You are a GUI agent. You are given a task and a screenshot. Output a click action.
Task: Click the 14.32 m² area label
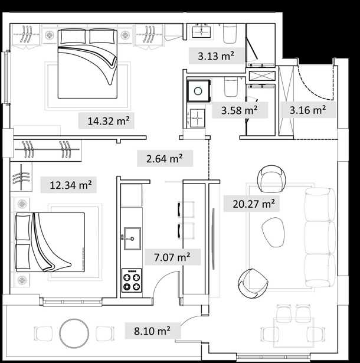(x=108, y=121)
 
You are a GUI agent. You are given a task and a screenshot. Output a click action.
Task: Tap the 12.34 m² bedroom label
(x=71, y=185)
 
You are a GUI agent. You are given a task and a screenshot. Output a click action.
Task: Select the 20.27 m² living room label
(x=254, y=204)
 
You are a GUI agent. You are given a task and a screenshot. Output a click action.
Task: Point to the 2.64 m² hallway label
(x=165, y=159)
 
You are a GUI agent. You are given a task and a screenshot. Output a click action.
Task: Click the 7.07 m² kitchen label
(x=172, y=257)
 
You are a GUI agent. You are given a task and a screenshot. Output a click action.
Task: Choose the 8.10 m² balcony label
(x=152, y=331)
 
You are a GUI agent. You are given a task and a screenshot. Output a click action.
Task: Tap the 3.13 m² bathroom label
(x=216, y=56)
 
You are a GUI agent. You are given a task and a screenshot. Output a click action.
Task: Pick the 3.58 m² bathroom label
(x=240, y=110)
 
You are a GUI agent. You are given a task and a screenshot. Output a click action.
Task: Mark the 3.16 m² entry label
(x=307, y=110)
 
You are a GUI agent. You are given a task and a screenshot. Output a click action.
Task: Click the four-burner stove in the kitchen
(x=132, y=280)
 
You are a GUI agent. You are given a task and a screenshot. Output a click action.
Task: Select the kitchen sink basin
(x=132, y=238)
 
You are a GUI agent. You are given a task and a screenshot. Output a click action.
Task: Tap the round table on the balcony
(x=74, y=333)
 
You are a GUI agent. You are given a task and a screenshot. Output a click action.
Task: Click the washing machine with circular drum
(x=199, y=91)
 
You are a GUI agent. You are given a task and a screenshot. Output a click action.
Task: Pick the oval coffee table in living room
(x=273, y=232)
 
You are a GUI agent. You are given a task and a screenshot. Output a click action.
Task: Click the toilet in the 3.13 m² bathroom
(x=230, y=34)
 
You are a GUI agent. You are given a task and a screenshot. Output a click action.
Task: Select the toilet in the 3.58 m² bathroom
(x=231, y=87)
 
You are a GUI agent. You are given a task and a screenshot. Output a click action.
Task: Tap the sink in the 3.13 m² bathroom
(x=201, y=32)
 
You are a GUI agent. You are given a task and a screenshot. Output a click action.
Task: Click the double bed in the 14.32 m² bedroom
(x=87, y=63)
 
